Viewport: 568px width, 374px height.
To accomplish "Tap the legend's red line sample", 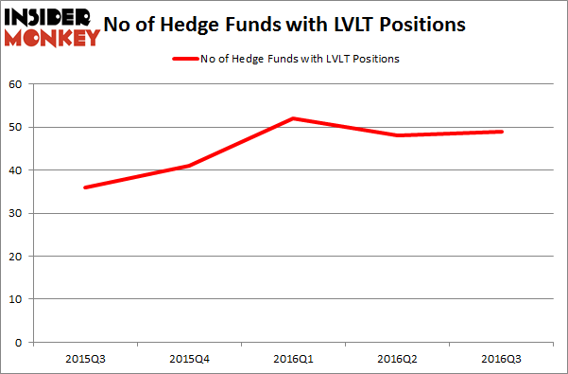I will click(x=184, y=59).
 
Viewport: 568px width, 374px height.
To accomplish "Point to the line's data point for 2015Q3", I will click(x=85, y=187).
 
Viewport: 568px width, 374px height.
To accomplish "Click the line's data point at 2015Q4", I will click(x=189, y=166).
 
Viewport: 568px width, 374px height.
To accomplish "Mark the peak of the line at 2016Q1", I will click(x=294, y=118).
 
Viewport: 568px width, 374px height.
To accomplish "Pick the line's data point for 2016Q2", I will click(x=398, y=135).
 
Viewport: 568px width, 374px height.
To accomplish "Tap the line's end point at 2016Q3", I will click(x=502, y=132).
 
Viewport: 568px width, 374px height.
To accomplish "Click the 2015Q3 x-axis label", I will click(x=85, y=359).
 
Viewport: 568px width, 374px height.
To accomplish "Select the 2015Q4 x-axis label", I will click(x=189, y=359).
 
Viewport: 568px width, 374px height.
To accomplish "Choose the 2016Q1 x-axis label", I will click(x=294, y=359).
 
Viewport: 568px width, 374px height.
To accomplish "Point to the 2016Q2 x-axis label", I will click(x=398, y=359).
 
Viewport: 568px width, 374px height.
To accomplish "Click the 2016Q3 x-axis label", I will click(x=502, y=359).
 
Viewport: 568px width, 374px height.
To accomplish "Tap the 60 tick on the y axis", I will click(x=16, y=84).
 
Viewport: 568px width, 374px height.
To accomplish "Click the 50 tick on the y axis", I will click(x=16, y=127).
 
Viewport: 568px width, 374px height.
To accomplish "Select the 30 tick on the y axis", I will click(x=16, y=213).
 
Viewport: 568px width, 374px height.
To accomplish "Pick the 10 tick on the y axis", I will click(x=16, y=299).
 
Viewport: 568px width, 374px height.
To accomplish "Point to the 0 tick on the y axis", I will click(x=19, y=342).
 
